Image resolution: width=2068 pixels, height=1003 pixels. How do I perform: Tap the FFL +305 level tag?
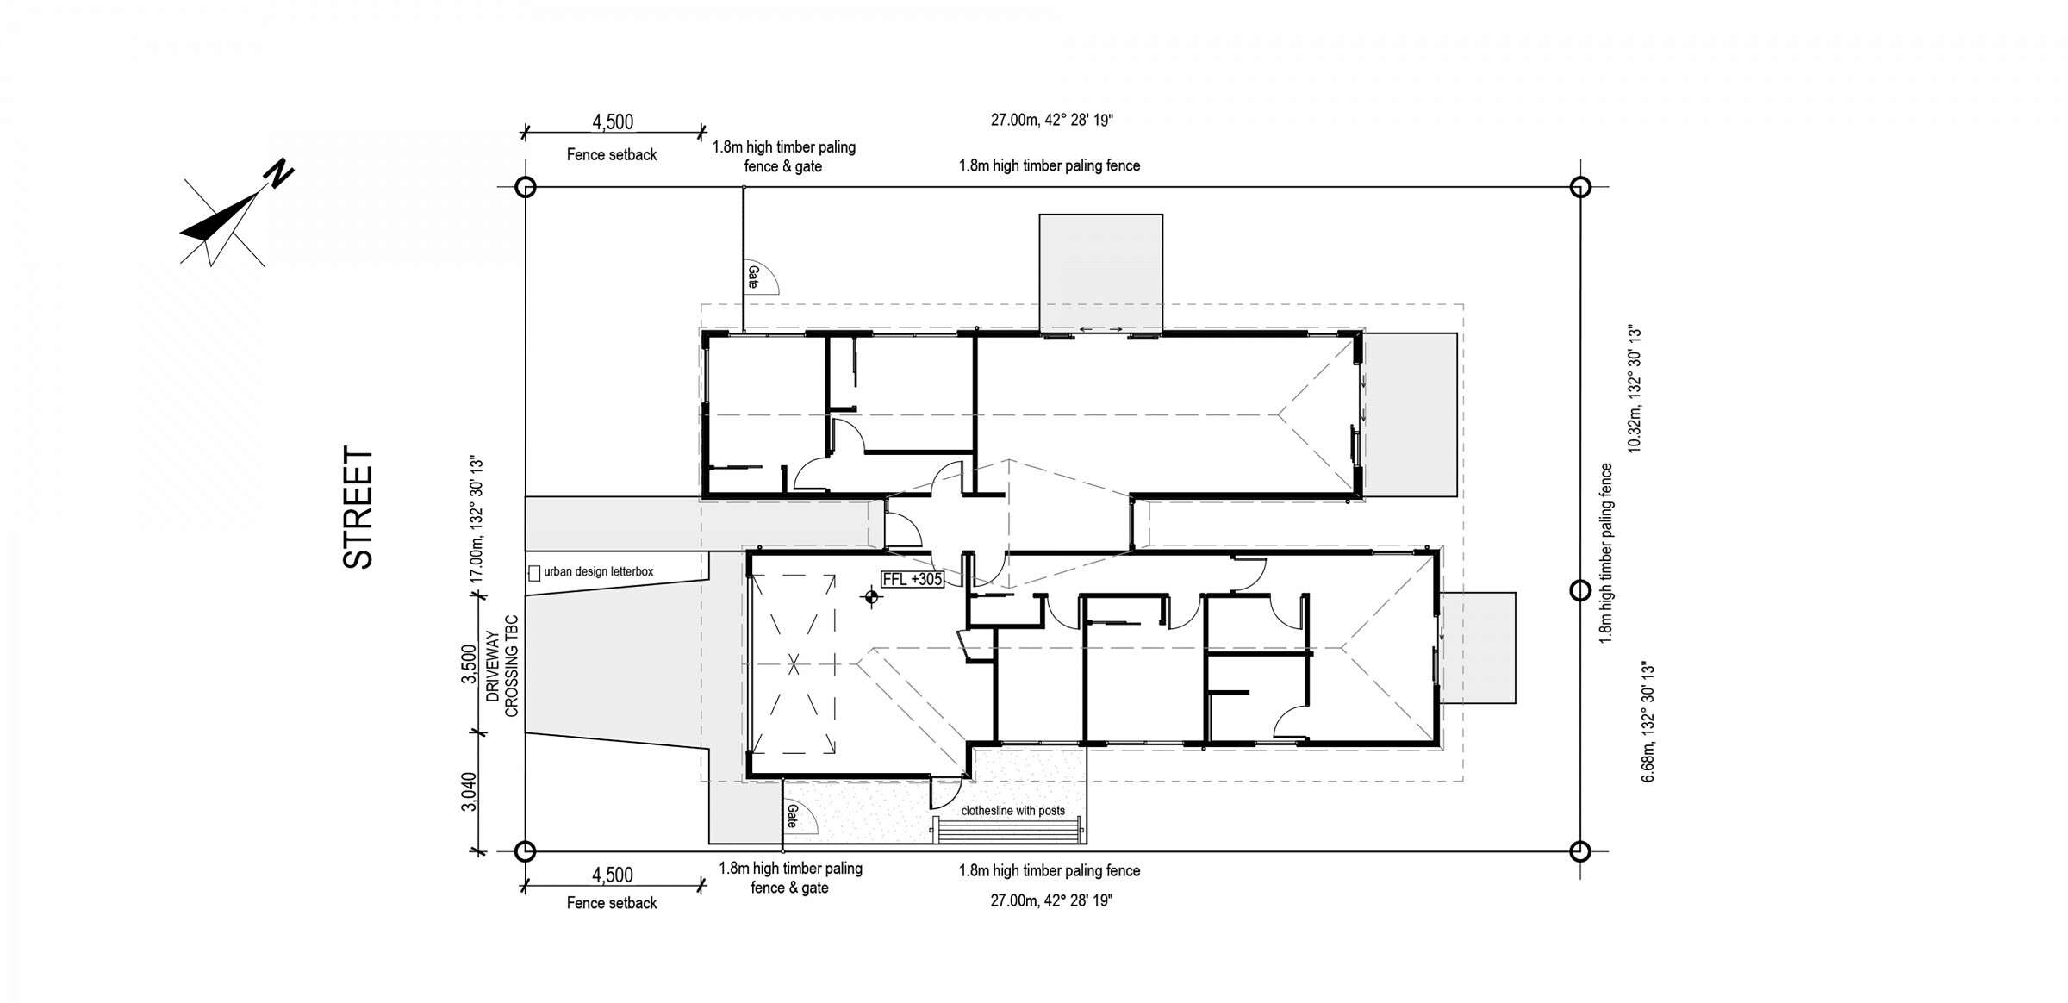pos(913,579)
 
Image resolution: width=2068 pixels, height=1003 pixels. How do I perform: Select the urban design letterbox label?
pos(598,571)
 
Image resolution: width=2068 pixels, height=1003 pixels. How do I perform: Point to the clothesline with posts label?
pos(1012,810)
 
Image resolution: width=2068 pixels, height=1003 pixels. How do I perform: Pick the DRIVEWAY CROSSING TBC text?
pos(502,665)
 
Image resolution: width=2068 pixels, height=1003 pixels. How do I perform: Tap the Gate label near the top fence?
pos(752,277)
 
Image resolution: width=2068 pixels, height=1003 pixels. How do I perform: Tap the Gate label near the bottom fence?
pos(790,816)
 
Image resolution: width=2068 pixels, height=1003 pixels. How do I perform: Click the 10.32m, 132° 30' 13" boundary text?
pos(1635,389)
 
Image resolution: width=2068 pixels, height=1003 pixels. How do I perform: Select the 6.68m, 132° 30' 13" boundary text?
pos(1648,722)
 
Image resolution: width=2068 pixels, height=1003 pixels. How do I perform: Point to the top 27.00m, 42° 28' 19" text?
pos(1051,120)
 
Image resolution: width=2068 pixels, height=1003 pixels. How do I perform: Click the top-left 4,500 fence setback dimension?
pos(613,121)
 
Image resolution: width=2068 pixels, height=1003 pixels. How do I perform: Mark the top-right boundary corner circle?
pos(1579,186)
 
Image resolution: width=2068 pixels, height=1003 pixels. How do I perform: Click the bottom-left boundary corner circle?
pos(525,851)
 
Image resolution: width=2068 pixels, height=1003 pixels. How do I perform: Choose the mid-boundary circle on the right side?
pos(1579,590)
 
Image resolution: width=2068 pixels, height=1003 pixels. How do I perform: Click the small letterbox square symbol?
pos(534,573)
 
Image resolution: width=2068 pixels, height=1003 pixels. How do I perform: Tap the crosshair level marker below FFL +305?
pos(871,596)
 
